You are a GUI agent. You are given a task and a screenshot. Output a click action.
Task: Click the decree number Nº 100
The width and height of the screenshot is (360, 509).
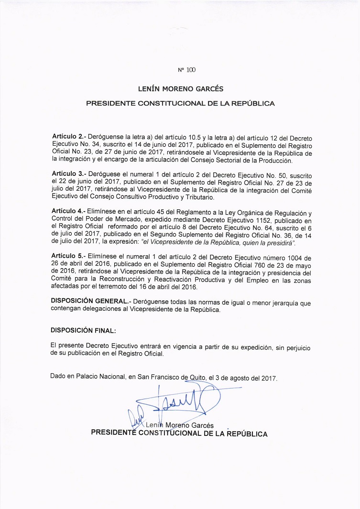[x=186, y=70]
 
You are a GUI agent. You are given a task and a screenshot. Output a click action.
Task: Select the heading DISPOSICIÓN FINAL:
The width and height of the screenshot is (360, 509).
[x=83, y=330]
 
